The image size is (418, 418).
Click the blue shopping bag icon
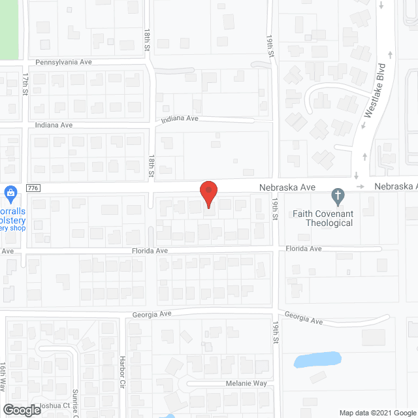click(x=10, y=193)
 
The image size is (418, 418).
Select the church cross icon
click(x=338, y=195)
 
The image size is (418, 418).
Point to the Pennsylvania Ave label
click(x=63, y=62)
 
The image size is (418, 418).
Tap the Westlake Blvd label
click(x=374, y=90)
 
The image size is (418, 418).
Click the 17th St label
click(x=25, y=84)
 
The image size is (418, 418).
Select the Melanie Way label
click(x=243, y=384)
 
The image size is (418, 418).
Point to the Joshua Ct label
click(x=55, y=406)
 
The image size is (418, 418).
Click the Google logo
click(x=22, y=410)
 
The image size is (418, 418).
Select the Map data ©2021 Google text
click(x=376, y=412)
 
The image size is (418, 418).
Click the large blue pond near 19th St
click(x=317, y=360)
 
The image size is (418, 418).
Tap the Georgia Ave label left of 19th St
click(x=152, y=314)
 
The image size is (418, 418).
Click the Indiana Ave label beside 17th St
click(x=54, y=125)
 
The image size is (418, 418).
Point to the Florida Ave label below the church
click(x=304, y=249)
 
